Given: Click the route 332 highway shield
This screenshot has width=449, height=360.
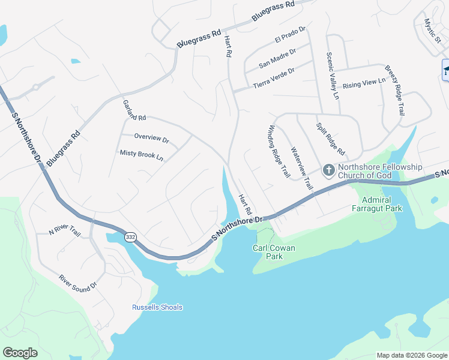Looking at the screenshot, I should click(x=130, y=238).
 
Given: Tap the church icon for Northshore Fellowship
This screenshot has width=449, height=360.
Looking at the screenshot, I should click(x=329, y=171).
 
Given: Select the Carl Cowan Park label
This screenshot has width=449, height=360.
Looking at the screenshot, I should click(x=276, y=252).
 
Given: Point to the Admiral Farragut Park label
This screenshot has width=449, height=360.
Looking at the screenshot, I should click(x=377, y=204).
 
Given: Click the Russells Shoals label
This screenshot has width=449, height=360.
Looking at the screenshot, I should click(x=157, y=308).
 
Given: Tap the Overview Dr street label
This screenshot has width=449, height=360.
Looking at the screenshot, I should click(x=152, y=139).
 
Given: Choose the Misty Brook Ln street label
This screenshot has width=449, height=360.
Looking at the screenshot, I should click(x=142, y=155).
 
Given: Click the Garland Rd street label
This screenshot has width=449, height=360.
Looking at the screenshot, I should click(x=133, y=110).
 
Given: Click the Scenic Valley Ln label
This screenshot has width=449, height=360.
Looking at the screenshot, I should click(x=333, y=76).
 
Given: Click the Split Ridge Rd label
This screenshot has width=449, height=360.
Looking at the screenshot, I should click(x=331, y=139).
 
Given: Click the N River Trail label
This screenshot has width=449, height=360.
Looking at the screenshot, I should click(x=65, y=230).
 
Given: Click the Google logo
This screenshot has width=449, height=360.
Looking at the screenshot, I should click(x=20, y=353).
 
